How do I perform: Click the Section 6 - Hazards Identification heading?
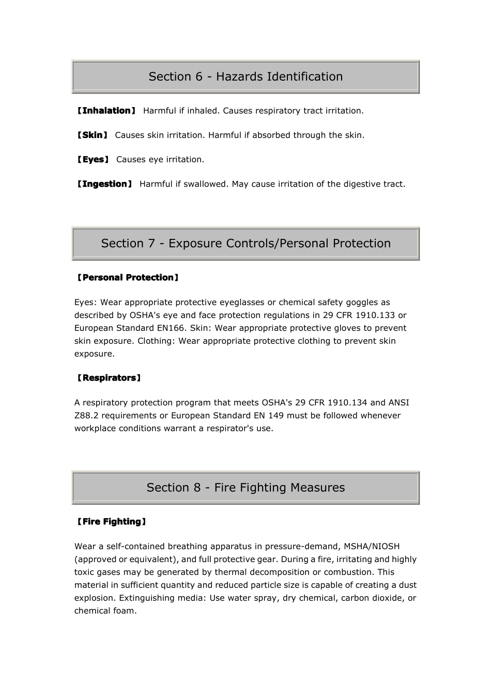245,77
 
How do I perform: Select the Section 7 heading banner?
245,244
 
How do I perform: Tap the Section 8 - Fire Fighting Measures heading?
245,488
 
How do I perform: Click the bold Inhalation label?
106,111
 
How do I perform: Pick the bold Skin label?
93,135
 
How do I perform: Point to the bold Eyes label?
93,159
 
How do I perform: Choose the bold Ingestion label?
104,184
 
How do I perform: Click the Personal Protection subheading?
128,278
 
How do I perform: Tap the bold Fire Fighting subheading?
112,522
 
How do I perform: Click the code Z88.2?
86,416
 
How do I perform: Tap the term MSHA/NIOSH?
372,547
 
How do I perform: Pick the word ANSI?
398,403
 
